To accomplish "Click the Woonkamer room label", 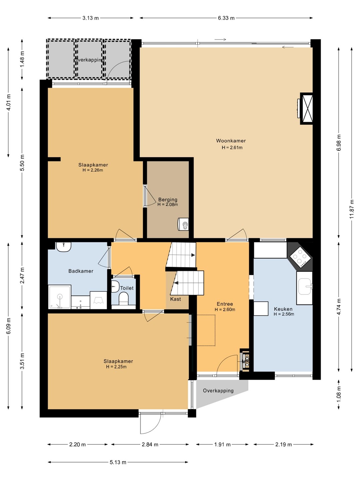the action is point(231,141).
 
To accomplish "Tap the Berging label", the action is point(168,200).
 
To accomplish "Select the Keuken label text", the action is point(283,309).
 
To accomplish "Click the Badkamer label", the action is point(81,271).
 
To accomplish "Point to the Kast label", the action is point(175,299).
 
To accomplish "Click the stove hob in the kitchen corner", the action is point(300,257).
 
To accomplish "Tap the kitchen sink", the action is point(304,286).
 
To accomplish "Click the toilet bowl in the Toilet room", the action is point(123,298).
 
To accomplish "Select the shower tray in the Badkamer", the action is point(59,297).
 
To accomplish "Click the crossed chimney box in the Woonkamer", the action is point(306,109).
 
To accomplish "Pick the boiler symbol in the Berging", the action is point(183,224).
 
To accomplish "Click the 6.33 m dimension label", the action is point(226,18).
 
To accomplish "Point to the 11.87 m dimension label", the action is point(351,209).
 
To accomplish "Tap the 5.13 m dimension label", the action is point(118,462).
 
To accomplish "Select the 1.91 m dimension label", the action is point(222,444).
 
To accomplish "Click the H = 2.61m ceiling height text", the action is point(232,148).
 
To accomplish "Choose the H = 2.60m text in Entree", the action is point(225,309).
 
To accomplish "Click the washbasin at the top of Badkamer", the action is point(63,246).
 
